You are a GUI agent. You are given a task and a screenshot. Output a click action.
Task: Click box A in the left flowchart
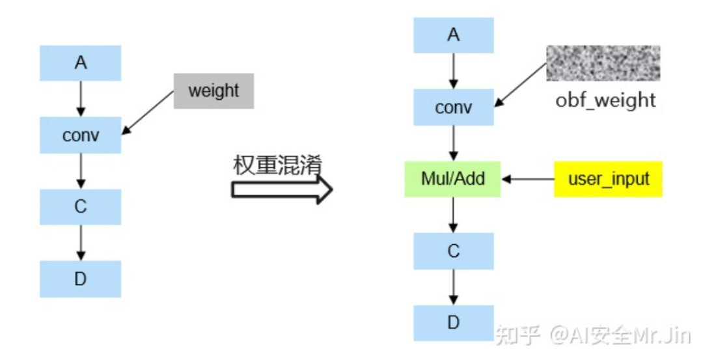tap(80, 63)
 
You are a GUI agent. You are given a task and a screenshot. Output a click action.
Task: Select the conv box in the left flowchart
tap(80, 135)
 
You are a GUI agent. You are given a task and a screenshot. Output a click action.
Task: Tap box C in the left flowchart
tap(80, 207)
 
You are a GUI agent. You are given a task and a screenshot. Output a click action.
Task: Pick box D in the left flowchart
tap(80, 279)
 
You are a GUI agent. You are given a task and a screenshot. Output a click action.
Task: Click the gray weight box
tap(214, 90)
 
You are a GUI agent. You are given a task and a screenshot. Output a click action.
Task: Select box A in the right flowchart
tap(454, 35)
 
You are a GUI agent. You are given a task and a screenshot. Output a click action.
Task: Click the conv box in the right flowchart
tap(454, 107)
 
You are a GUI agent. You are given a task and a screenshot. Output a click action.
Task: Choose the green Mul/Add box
tap(453, 179)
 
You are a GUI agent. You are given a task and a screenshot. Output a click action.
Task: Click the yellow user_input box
tap(608, 179)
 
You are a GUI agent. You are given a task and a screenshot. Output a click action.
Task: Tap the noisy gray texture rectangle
tap(603, 63)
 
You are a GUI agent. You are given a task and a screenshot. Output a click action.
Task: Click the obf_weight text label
tap(605, 100)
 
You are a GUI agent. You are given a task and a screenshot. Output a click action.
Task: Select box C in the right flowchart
tap(454, 251)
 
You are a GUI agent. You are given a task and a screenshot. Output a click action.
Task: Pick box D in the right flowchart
tap(454, 323)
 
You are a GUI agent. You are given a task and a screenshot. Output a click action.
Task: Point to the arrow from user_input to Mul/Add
tap(527, 179)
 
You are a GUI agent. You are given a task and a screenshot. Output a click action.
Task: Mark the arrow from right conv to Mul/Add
tap(454, 143)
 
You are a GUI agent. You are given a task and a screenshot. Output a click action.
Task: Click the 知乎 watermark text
tap(517, 335)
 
